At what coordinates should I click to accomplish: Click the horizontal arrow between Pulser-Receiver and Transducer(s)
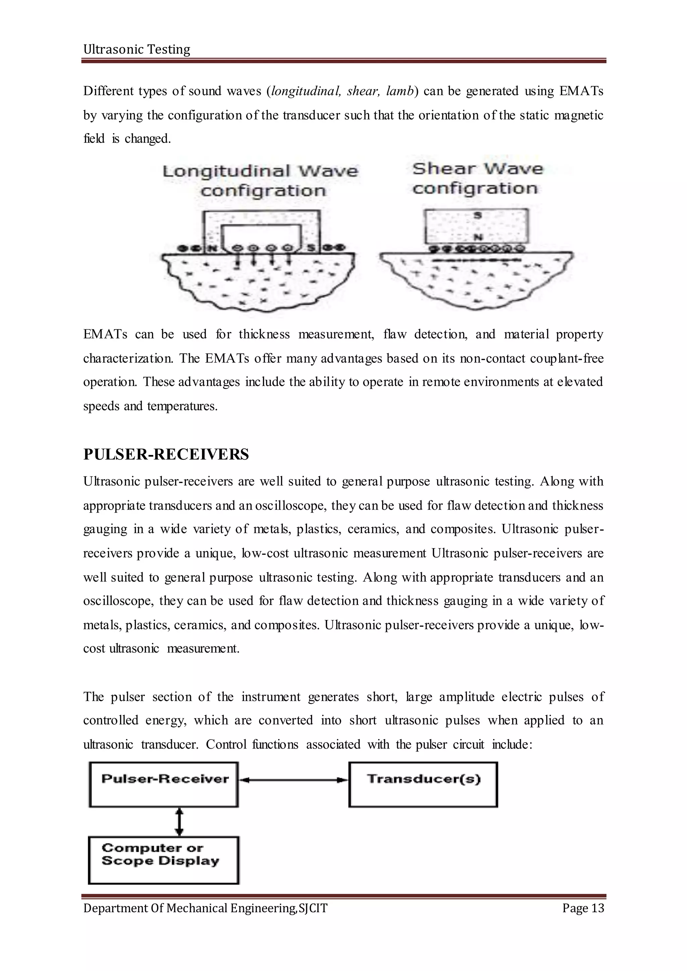(x=294, y=780)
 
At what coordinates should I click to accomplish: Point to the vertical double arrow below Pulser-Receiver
(x=179, y=822)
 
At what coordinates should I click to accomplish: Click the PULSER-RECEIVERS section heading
(x=166, y=455)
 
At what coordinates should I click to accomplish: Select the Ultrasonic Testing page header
(x=137, y=50)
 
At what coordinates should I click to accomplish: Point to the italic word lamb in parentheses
(x=399, y=91)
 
